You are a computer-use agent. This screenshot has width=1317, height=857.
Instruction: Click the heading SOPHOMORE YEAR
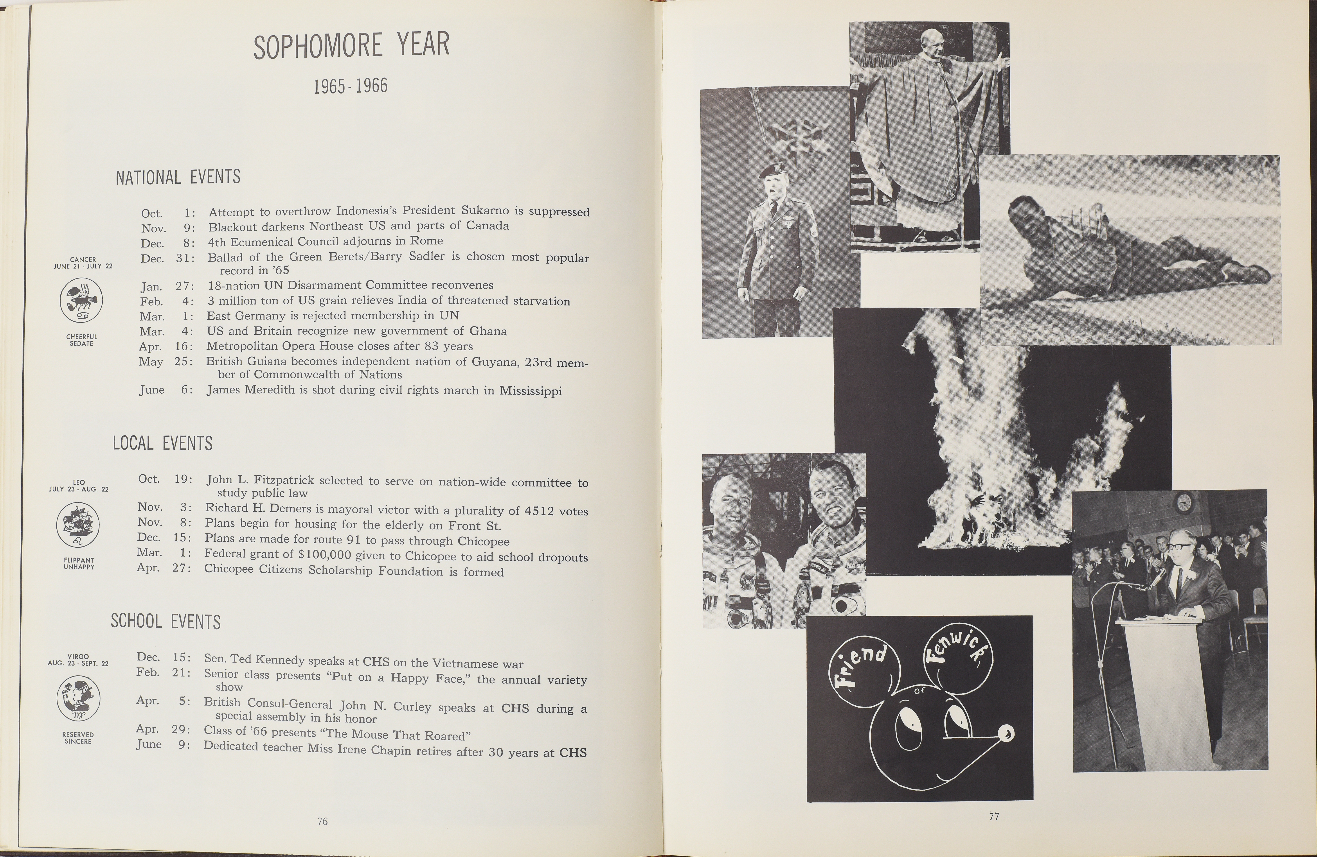click(x=351, y=46)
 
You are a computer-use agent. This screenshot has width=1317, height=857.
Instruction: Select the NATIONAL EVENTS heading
click(x=178, y=177)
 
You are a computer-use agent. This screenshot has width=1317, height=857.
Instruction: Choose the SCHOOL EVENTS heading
click(x=166, y=621)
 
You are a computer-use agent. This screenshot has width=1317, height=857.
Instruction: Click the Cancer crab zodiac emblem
click(x=81, y=300)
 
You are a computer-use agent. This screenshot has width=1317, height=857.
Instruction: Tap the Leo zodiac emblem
click(x=78, y=525)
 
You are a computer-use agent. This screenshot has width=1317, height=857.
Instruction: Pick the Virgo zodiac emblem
click(x=79, y=699)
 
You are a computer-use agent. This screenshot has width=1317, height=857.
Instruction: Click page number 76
click(x=323, y=822)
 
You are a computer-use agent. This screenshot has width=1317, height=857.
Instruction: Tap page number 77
click(x=994, y=817)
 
